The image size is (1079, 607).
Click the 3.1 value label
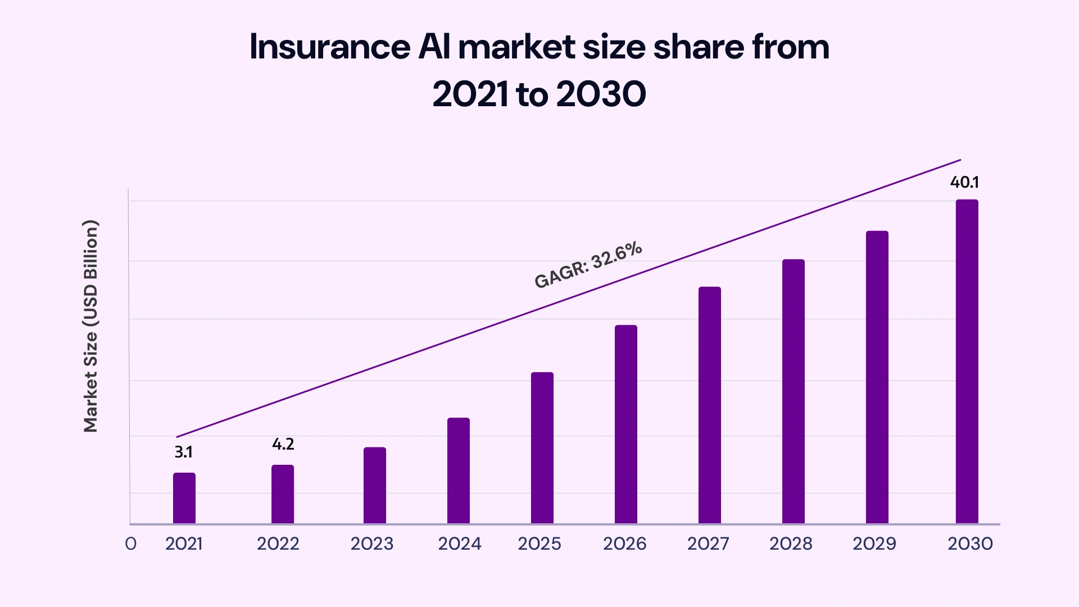[x=183, y=452]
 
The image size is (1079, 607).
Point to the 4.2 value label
[x=283, y=444]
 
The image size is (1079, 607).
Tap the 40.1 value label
[x=964, y=182]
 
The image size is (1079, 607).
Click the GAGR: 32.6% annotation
[x=588, y=265]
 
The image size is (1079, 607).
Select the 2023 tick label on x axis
[x=372, y=543]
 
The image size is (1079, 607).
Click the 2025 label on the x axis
[x=539, y=543]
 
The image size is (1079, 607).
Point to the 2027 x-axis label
[x=708, y=543]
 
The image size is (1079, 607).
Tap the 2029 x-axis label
[x=874, y=543]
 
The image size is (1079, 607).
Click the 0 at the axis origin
[x=130, y=543]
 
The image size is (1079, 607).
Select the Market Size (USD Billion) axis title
[x=90, y=326]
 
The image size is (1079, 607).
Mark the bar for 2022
[x=283, y=494]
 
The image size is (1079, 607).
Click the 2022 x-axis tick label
[x=278, y=543]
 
